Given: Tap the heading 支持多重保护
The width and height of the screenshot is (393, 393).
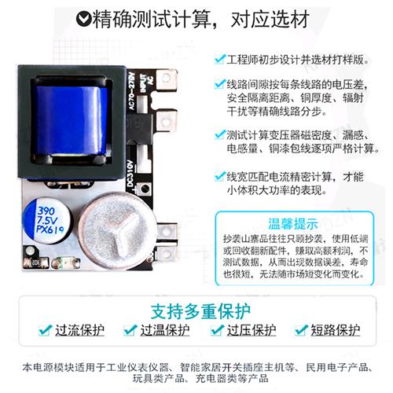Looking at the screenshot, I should coord(196,307).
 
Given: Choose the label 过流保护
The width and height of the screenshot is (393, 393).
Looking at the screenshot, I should coord(79,330).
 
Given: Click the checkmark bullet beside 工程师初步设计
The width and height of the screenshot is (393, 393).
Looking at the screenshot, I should coord(218,59).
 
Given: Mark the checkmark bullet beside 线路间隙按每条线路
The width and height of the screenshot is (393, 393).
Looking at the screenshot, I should coord(218,83).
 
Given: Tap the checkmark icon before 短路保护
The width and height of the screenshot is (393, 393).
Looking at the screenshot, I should coord(299,331).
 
